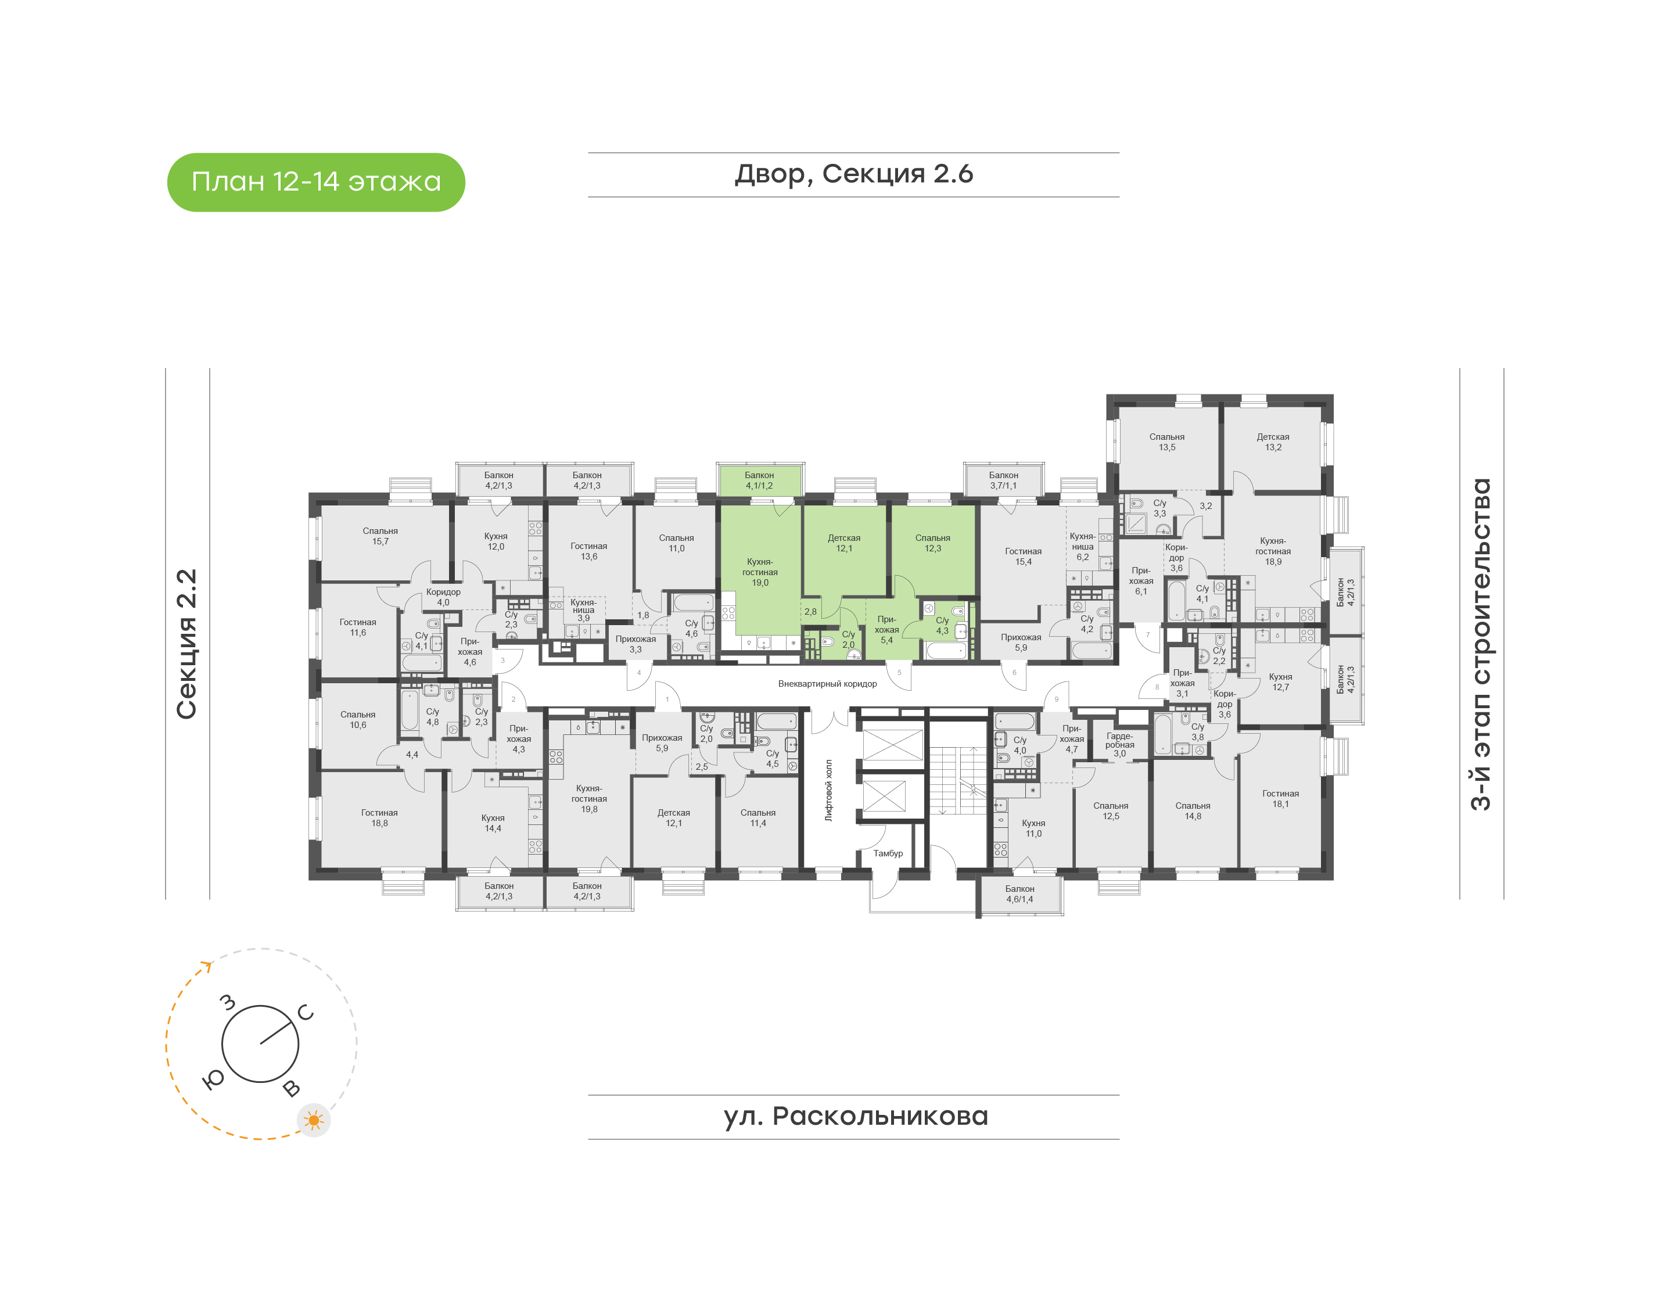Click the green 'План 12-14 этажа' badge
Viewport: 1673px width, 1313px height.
point(316,182)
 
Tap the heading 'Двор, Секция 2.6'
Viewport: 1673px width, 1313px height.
point(854,174)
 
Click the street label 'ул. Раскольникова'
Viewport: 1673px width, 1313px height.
point(855,1116)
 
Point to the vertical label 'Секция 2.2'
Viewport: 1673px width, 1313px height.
point(186,644)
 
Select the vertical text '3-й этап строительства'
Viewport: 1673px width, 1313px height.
point(1480,644)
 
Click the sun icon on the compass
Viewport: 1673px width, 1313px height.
point(314,1121)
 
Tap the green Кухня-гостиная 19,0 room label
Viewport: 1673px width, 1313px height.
point(759,572)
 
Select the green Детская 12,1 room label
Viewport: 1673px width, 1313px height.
point(844,543)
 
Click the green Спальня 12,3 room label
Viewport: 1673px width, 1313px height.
point(932,543)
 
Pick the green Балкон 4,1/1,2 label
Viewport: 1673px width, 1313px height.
point(759,480)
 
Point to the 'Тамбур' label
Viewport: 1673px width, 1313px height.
point(888,853)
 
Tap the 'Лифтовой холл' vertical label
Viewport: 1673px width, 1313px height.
point(828,790)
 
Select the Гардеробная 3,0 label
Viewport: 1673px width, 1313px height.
point(1119,744)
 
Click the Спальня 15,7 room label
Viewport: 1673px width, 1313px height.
point(380,536)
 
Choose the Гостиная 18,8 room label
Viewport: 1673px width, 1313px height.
point(380,817)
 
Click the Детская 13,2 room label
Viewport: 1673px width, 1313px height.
point(1273,442)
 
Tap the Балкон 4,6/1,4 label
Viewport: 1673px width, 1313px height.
point(1020,894)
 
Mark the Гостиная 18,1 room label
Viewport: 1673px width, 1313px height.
point(1280,799)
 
